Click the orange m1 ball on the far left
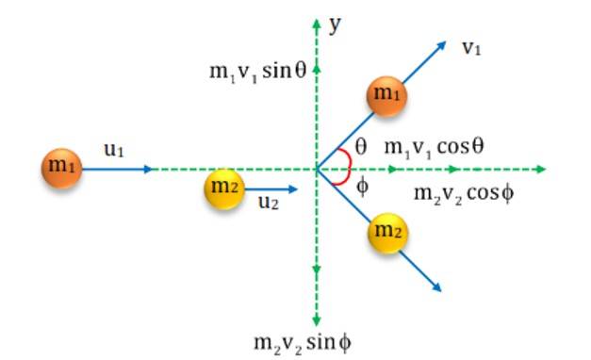click(62, 168)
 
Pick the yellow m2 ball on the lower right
click(387, 233)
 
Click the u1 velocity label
click(115, 149)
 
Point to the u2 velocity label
click(269, 203)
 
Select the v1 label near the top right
click(471, 49)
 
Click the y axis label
click(335, 25)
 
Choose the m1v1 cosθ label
click(434, 147)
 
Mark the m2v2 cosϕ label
click(464, 195)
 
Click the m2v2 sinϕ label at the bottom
click(302, 342)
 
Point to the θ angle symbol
click(361, 147)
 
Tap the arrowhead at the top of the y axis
click(317, 21)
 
